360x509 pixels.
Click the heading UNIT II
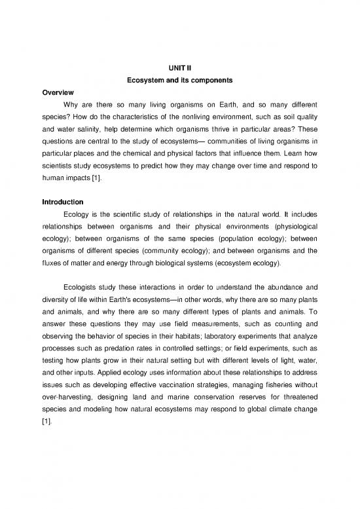[180, 67]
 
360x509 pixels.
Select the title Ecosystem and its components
[180, 80]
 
